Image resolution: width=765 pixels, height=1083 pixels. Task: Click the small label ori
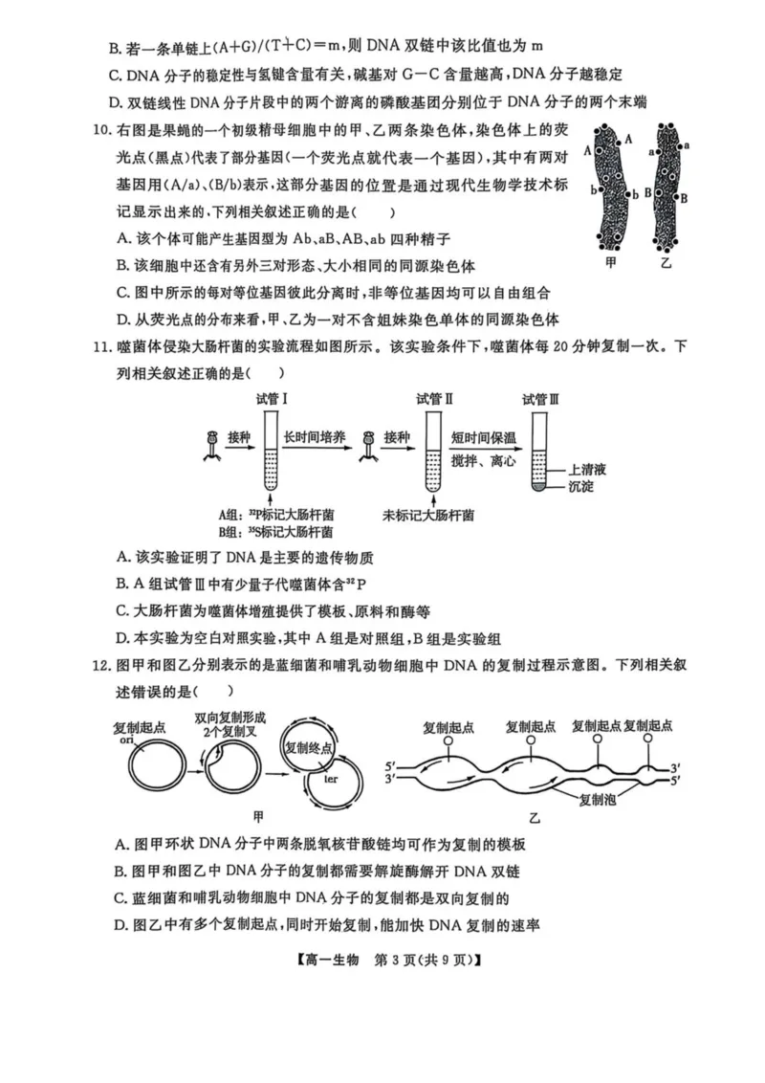[x=126, y=740]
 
